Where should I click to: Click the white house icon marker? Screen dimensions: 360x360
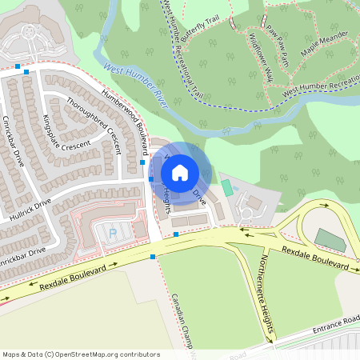(x=180, y=172)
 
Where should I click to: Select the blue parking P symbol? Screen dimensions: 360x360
(x=112, y=232)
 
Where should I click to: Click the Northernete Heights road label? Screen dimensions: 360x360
(x=267, y=294)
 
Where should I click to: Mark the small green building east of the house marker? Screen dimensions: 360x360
(x=226, y=188)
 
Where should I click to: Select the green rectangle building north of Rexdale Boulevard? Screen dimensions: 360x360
(x=326, y=238)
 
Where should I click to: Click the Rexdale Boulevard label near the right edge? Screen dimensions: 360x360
(x=314, y=258)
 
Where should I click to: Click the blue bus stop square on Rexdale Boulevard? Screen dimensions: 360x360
(x=152, y=257)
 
